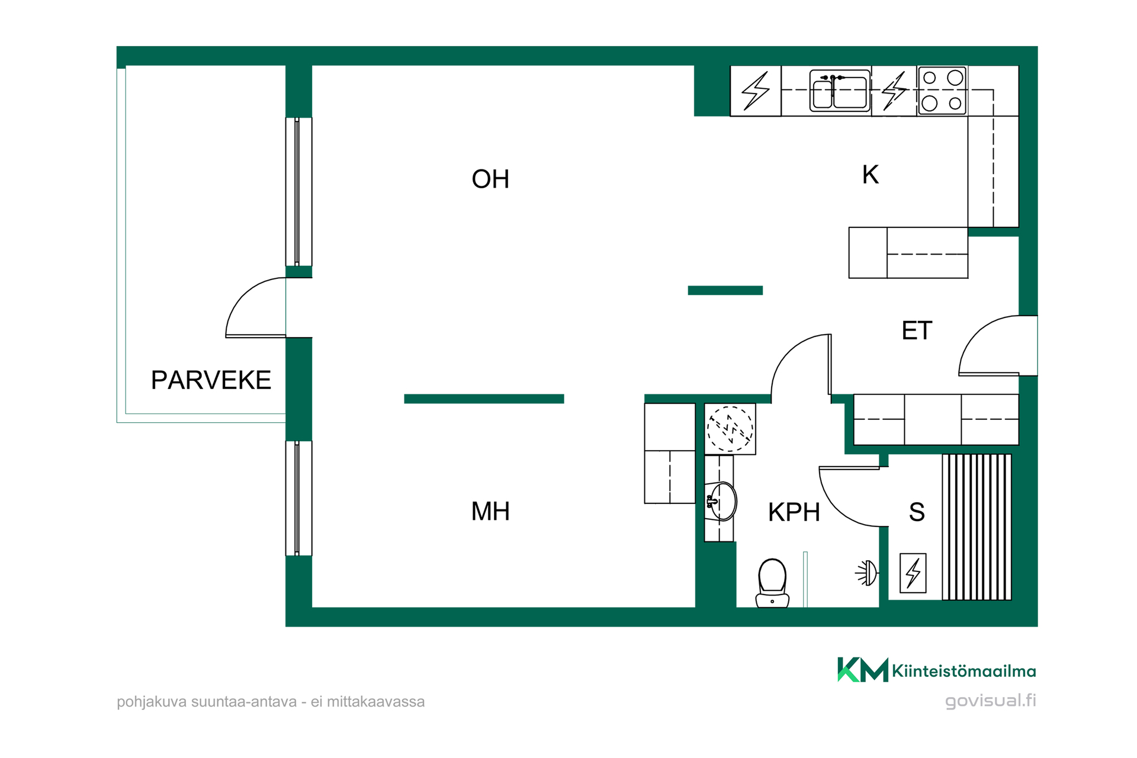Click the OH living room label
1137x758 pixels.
pyautogui.click(x=490, y=179)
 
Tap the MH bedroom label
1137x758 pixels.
pyautogui.click(x=490, y=511)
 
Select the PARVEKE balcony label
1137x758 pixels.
pyautogui.click(x=211, y=380)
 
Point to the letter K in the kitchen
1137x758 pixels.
pyautogui.click(x=871, y=175)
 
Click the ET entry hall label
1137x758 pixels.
pyautogui.click(x=917, y=330)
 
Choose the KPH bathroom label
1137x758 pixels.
pyautogui.click(x=794, y=512)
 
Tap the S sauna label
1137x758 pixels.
pyautogui.click(x=917, y=512)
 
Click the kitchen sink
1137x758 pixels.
pyautogui.click(x=840, y=91)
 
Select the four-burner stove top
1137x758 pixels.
pyautogui.click(x=942, y=91)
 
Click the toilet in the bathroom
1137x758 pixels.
pyautogui.click(x=772, y=583)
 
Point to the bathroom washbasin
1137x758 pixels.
pyautogui.click(x=721, y=502)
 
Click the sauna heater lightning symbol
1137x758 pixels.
pyautogui.click(x=913, y=573)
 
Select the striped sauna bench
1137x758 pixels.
pyautogui.click(x=977, y=527)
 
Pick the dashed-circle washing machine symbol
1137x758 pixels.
pyautogui.click(x=730, y=429)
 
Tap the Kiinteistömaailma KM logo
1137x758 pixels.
pyautogui.click(x=936, y=670)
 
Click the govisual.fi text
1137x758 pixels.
pyautogui.click(x=991, y=701)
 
